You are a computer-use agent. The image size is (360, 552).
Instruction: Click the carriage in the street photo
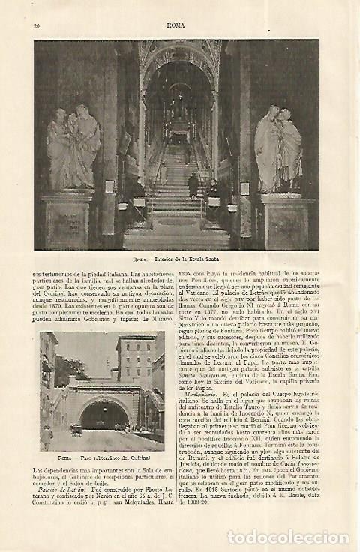click(x=76, y=428)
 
